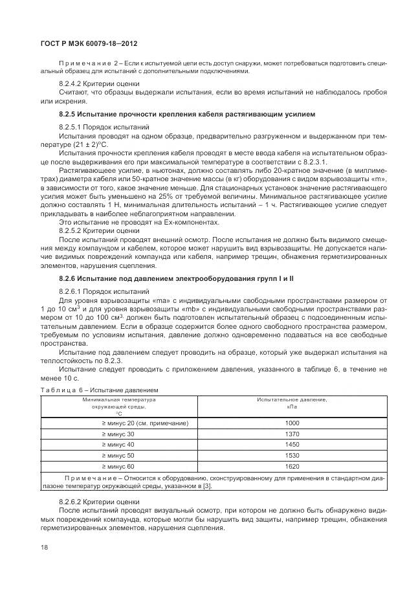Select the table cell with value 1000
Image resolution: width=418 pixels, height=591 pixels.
point(292,423)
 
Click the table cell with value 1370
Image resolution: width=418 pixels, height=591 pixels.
point(292,434)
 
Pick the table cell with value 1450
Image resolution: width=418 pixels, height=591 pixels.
point(292,445)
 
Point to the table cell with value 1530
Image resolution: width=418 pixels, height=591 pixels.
point(292,456)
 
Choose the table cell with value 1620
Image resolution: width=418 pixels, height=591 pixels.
point(292,466)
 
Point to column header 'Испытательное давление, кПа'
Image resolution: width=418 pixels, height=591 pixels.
point(292,403)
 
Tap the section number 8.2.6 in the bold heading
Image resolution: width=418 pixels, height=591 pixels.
point(68,278)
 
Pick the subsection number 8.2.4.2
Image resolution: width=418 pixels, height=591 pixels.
point(71,84)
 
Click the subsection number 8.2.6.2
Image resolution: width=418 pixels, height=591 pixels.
point(71,502)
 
